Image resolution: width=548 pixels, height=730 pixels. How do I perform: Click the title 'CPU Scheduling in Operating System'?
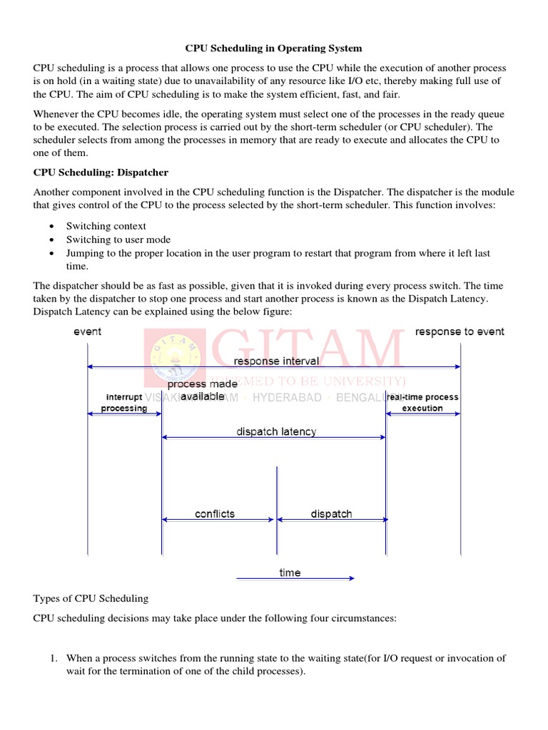273,48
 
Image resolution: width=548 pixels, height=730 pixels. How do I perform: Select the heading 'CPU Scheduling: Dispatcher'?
101,173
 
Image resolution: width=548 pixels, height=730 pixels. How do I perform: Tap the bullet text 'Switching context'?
106,226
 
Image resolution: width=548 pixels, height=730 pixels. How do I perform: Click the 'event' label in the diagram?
88,331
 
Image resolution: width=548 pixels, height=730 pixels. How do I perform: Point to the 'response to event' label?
460,331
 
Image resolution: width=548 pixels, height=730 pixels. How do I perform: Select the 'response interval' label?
276,361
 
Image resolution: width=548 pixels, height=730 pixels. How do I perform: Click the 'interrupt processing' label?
124,403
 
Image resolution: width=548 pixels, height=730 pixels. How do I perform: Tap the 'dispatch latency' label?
276,431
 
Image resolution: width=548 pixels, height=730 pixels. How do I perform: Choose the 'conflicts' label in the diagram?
215,513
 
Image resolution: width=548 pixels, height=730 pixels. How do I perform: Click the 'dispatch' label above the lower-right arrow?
331,513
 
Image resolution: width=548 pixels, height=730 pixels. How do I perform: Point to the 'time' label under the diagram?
290,572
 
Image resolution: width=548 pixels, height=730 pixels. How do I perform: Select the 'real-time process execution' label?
422,403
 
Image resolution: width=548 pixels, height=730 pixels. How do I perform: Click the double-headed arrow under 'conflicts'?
218,520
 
